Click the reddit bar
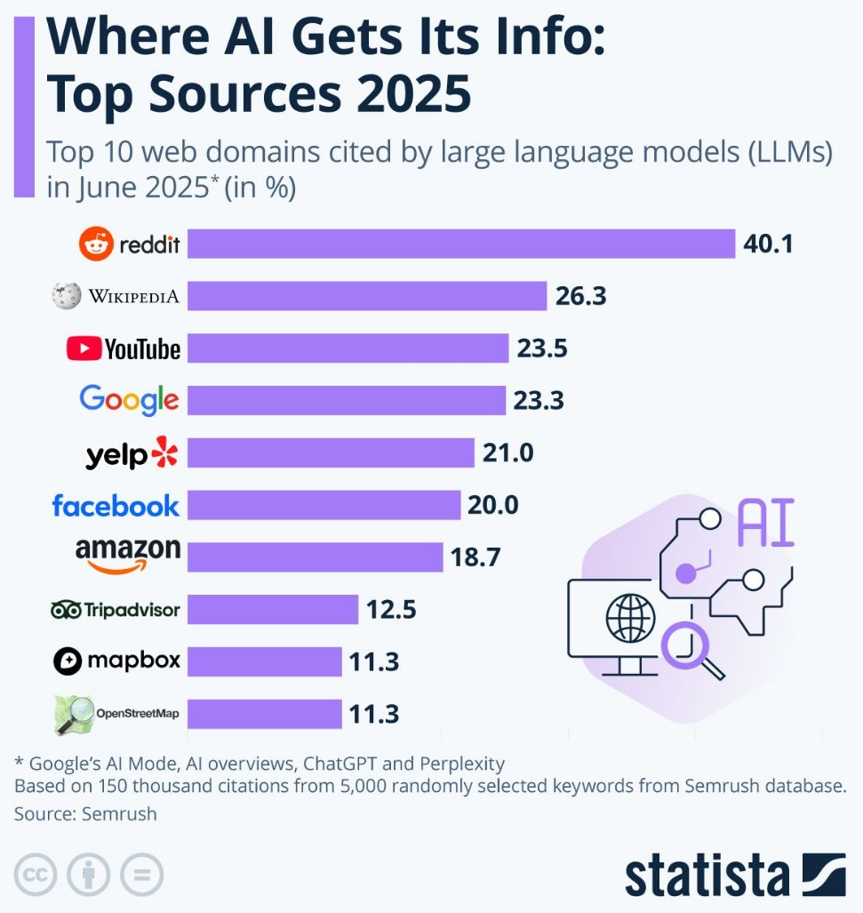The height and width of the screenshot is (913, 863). (460, 244)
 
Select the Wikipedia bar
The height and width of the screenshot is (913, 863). (366, 295)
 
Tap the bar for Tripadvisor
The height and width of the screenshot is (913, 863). (272, 610)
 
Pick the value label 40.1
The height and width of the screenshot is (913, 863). (768, 244)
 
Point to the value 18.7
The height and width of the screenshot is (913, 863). (475, 557)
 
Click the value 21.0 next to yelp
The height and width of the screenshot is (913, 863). (507, 453)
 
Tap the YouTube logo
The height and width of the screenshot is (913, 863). (124, 348)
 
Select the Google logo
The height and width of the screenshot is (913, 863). (129, 400)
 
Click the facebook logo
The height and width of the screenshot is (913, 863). (116, 506)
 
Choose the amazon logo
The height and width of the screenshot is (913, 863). (128, 555)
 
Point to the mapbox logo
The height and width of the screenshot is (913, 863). (116, 661)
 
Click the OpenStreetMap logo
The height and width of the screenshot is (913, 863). (116, 714)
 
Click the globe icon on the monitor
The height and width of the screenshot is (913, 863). (628, 614)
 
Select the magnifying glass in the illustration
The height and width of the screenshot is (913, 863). (688, 645)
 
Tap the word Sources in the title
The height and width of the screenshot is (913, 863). (245, 95)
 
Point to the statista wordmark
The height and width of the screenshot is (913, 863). (706, 875)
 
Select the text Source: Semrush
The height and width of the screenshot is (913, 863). (85, 813)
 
